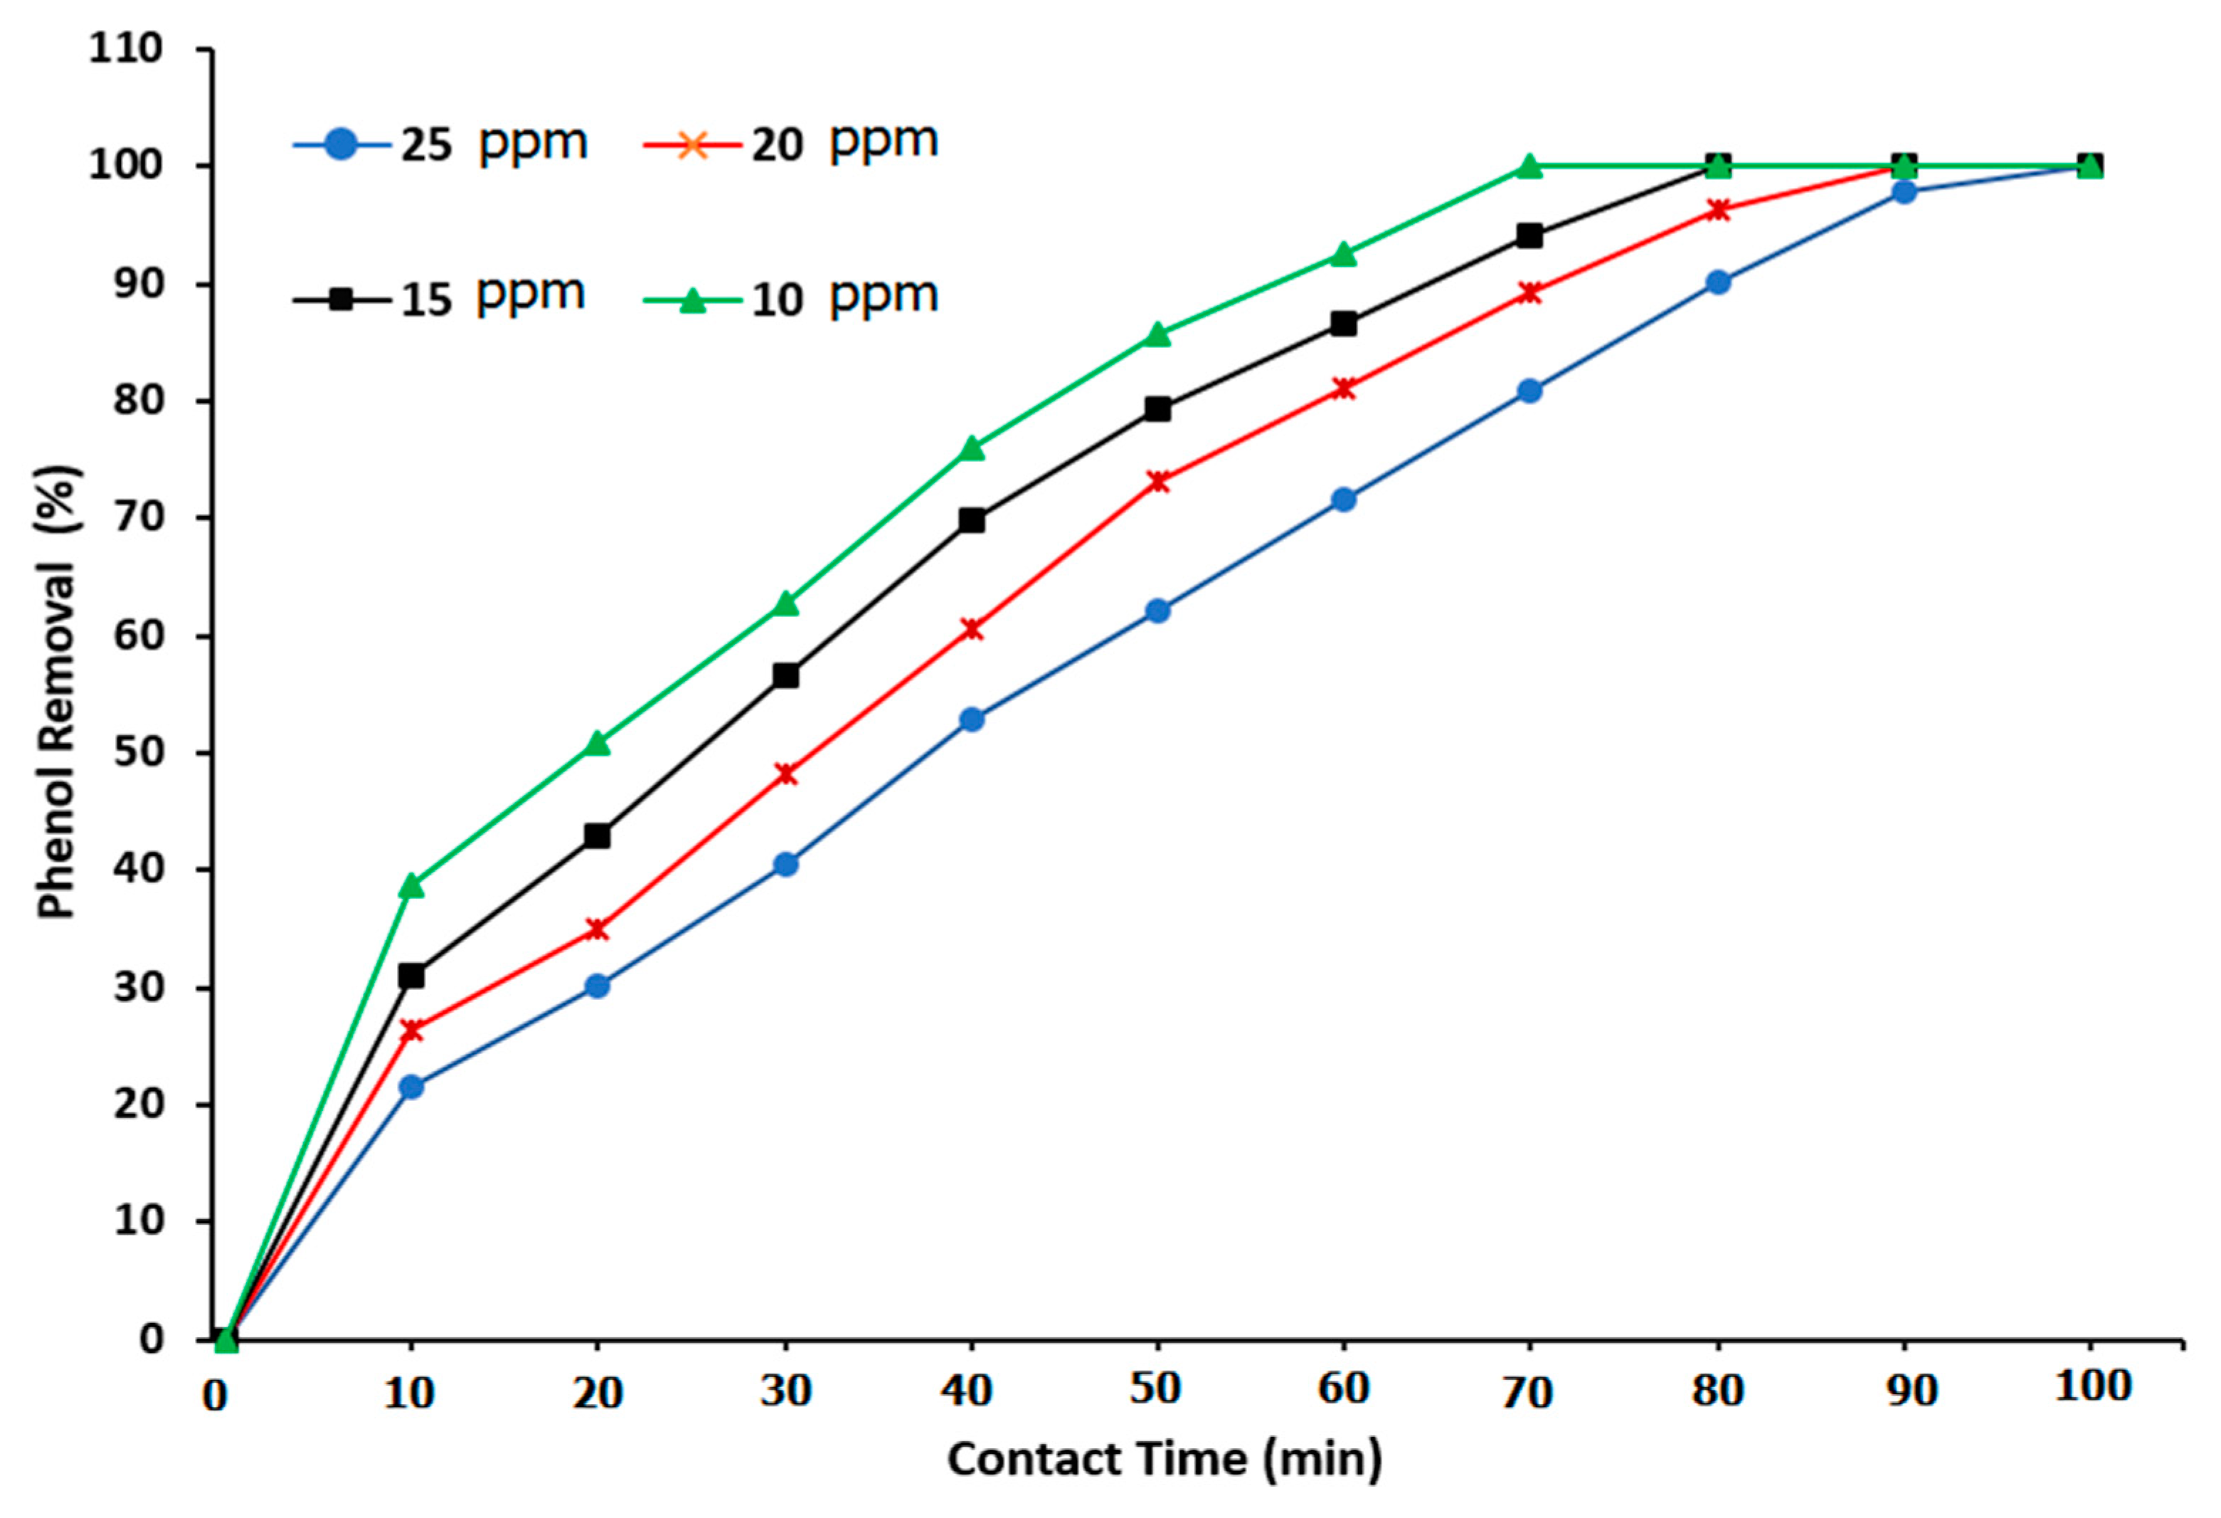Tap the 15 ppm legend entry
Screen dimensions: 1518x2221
point(440,298)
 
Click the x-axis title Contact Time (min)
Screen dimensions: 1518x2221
point(1164,1460)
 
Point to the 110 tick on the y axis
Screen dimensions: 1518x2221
point(126,48)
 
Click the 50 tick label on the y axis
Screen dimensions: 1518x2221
point(139,752)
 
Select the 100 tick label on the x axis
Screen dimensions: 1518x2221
point(2093,1387)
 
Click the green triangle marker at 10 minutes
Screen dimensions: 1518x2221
point(412,885)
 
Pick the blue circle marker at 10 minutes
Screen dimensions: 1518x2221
point(411,1087)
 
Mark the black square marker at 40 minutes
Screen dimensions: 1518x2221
point(971,520)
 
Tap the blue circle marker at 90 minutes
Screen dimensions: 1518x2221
point(1904,191)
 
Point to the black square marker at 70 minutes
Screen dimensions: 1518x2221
point(1529,235)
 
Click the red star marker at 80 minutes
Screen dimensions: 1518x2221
point(1717,209)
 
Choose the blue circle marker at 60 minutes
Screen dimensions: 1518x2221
point(1342,499)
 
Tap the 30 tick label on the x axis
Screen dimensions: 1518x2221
point(785,1391)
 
